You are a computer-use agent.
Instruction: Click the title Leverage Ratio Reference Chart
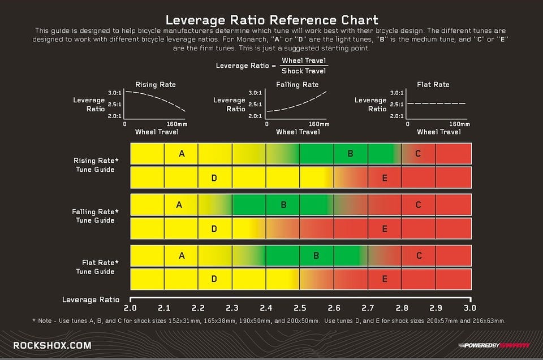pos(271,20)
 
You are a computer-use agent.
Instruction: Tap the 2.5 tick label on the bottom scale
pos(300,309)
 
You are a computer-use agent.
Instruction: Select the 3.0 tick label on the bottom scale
pos(469,309)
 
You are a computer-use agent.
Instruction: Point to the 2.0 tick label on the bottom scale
pos(131,309)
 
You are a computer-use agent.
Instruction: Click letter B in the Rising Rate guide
pos(351,154)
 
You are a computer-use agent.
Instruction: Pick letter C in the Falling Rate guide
pos(419,205)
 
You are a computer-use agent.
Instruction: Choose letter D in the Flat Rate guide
pos(214,279)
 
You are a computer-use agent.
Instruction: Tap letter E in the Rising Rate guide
pos(385,178)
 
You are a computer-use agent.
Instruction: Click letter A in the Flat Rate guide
pos(182,255)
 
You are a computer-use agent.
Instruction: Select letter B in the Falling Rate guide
pos(283,205)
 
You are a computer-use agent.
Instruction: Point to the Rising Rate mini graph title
pos(155,85)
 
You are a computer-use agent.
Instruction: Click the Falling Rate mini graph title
pos(298,85)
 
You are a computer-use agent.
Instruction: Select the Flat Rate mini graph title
pos(433,85)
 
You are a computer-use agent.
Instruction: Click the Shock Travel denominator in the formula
pos(304,71)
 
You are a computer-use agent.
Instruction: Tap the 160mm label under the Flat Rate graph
pos(459,124)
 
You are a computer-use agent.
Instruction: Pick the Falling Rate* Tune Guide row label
pos(96,216)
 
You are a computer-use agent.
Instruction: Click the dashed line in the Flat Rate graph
pos(436,103)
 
